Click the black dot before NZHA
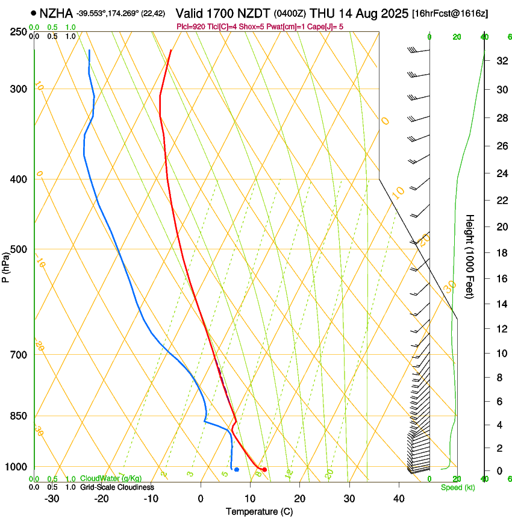(33, 13)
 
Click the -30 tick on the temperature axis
(52, 499)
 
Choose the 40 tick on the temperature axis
(398, 499)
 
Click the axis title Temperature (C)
(259, 511)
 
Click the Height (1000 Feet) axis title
(470, 257)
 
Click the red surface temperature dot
(264, 469)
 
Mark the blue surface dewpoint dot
(237, 469)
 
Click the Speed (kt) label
(458, 487)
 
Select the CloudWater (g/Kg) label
(111, 479)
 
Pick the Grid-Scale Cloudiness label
(116, 487)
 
